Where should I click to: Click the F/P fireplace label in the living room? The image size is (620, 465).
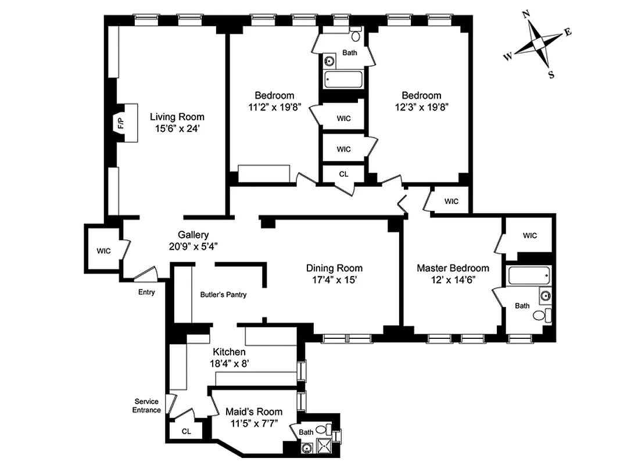[121, 123]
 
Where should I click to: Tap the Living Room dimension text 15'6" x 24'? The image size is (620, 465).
[177, 128]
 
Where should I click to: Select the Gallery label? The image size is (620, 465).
[193, 235]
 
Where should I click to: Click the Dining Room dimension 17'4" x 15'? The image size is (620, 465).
[334, 280]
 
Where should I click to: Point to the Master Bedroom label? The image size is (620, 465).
[453, 268]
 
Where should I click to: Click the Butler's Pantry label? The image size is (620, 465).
[223, 295]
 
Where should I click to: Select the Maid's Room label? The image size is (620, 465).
[253, 412]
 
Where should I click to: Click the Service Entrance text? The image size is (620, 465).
[147, 406]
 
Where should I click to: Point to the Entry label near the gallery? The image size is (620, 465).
[146, 292]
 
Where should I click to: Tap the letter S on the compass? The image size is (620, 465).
[551, 74]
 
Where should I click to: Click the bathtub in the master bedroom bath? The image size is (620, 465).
[528, 276]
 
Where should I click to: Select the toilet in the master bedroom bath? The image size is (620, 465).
[540, 316]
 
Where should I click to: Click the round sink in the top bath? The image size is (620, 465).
[329, 60]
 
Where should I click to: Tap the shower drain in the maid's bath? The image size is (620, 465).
[306, 448]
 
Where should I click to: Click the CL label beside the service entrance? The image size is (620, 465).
[186, 431]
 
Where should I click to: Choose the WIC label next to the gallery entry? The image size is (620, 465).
[103, 251]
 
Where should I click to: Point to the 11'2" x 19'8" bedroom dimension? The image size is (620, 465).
[274, 107]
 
